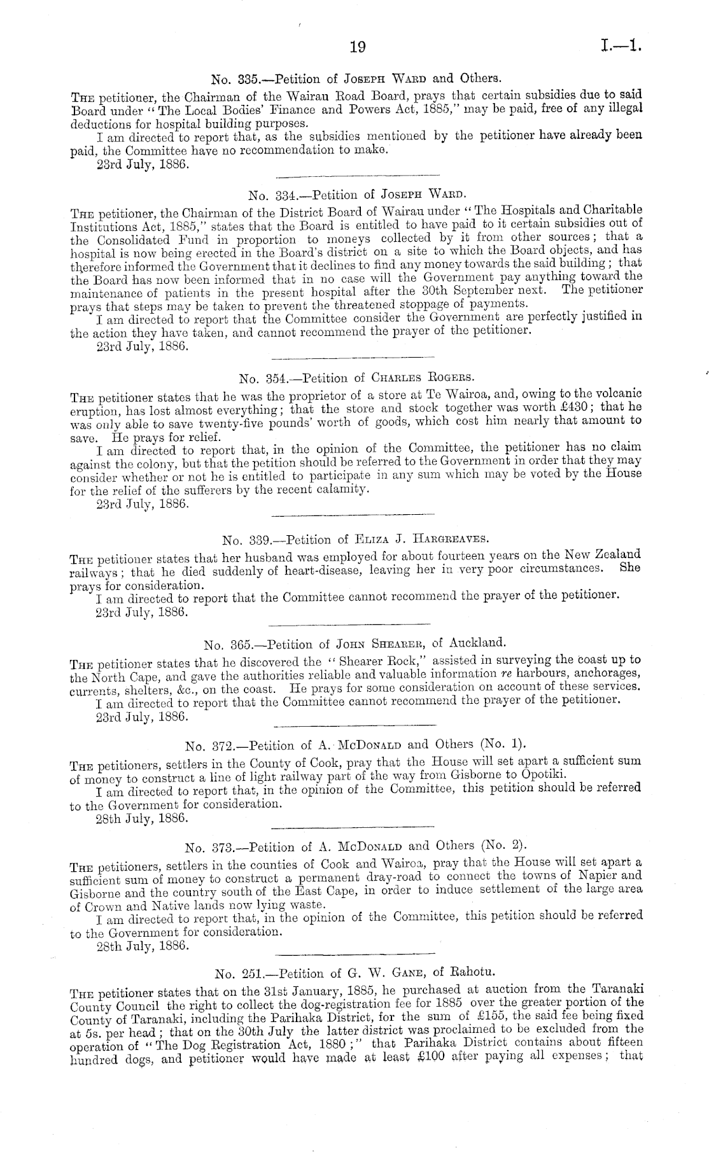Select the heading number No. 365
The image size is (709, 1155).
[x=227, y=644]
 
